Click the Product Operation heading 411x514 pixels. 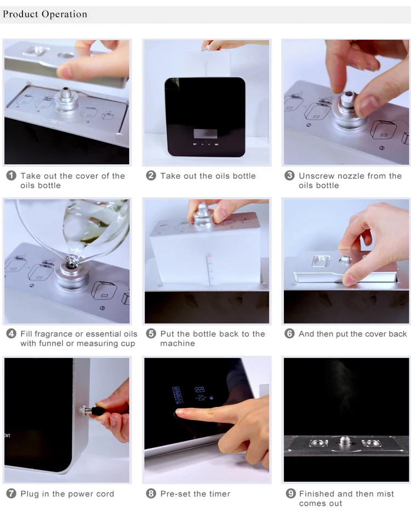pos(45,14)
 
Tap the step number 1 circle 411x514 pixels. pos(11,176)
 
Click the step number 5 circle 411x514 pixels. pos(151,334)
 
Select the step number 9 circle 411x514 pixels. pos(290,493)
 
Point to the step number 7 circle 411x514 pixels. pos(11,493)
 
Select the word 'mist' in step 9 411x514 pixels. pos(384,494)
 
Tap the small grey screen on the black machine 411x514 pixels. pos(205,134)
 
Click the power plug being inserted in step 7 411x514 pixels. pos(99,410)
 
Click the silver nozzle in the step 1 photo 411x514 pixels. pos(66,100)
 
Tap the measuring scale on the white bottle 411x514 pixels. pos(209,269)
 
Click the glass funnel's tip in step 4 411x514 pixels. pos(71,262)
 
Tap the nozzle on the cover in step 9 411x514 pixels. pos(344,441)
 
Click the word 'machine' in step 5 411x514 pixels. pos(178,343)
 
